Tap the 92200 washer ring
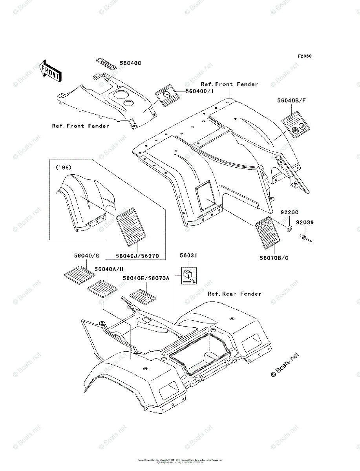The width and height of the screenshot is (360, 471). tap(289, 228)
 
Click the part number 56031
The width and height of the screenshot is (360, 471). tap(188, 255)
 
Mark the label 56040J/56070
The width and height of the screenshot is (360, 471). tap(137, 256)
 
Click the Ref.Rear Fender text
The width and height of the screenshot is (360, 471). tap(234, 294)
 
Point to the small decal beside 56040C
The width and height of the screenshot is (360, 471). tap(106, 64)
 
